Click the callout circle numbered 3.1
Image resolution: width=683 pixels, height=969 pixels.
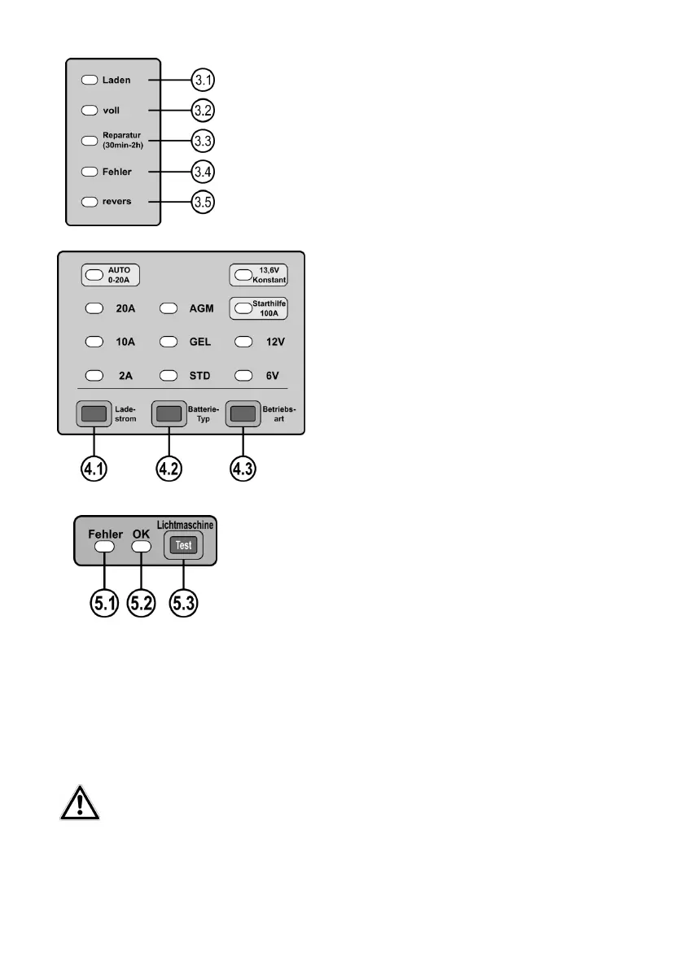click(x=204, y=81)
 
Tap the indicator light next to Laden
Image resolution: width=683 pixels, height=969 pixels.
click(x=90, y=81)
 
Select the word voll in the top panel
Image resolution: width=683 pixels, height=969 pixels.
click(x=112, y=109)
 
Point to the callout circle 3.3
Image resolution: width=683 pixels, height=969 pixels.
click(x=204, y=141)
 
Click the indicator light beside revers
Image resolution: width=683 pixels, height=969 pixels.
click(x=90, y=201)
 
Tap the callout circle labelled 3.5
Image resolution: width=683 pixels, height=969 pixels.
click(x=204, y=202)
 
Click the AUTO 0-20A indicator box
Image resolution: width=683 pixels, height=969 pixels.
click(x=112, y=275)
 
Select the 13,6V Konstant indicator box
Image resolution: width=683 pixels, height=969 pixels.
click(x=260, y=275)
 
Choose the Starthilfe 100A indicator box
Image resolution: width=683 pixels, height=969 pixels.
click(x=260, y=308)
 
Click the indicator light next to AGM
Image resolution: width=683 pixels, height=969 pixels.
click(x=168, y=309)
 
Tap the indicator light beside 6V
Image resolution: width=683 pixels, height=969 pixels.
click(x=243, y=376)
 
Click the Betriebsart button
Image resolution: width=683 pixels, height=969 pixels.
click(x=243, y=414)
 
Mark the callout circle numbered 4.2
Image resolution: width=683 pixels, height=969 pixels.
click(x=169, y=470)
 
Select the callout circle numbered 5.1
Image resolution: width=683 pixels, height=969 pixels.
click(x=103, y=604)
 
